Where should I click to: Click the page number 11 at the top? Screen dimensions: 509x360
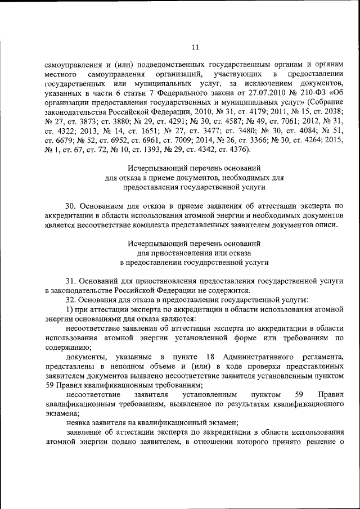[x=195, y=47]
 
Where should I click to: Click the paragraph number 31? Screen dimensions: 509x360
[x=71, y=280]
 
